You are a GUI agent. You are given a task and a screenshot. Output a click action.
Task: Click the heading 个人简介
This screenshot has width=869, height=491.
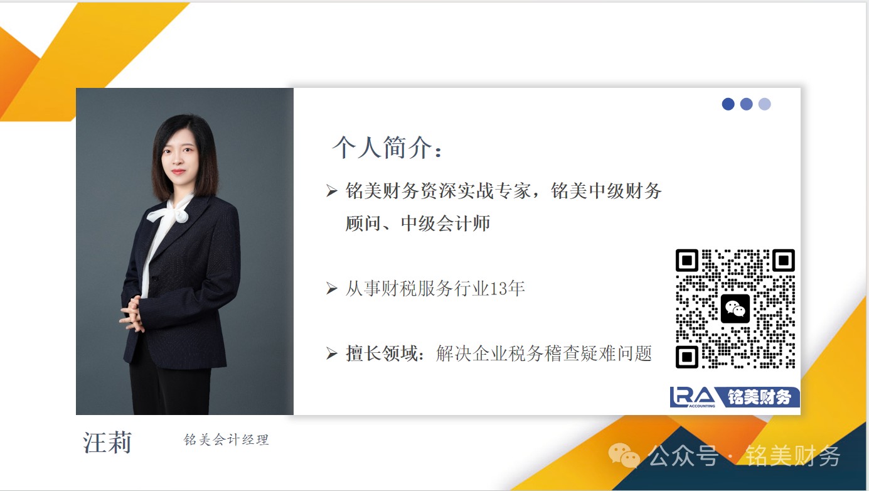tap(381, 148)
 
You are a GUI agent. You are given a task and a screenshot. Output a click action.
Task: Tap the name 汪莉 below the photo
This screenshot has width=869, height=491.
tap(107, 443)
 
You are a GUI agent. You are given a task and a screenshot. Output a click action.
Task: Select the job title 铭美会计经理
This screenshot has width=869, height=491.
tap(226, 440)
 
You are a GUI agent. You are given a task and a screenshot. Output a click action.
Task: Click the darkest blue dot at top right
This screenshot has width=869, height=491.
tap(728, 104)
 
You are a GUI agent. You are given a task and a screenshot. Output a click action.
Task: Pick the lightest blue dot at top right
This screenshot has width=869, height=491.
tap(765, 104)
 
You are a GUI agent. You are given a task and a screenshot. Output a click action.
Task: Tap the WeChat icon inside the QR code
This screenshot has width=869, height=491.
tap(735, 309)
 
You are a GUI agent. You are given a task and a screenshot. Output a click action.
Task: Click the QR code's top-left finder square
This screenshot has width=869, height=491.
tap(687, 260)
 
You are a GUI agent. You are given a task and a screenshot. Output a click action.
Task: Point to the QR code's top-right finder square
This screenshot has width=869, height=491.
tap(784, 260)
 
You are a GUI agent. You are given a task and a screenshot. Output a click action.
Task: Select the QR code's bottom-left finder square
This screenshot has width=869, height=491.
tap(687, 356)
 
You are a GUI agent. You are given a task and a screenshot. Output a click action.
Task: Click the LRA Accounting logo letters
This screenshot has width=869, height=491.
tap(693, 397)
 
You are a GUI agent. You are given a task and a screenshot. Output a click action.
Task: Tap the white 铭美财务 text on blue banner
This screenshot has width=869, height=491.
tap(759, 397)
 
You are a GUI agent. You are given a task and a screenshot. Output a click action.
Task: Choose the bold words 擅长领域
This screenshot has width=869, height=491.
tap(381, 353)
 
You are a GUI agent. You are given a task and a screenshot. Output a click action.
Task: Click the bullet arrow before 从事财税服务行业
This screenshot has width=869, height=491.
tap(332, 288)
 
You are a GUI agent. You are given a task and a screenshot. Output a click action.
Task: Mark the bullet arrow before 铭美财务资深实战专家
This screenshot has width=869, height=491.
tap(332, 191)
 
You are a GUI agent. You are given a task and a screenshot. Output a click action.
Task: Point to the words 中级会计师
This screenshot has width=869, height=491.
tap(445, 223)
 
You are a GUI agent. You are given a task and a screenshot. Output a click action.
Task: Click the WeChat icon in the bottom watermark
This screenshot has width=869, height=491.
tap(624, 455)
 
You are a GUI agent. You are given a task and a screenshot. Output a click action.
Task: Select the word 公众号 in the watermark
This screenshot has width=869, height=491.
tap(683, 455)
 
